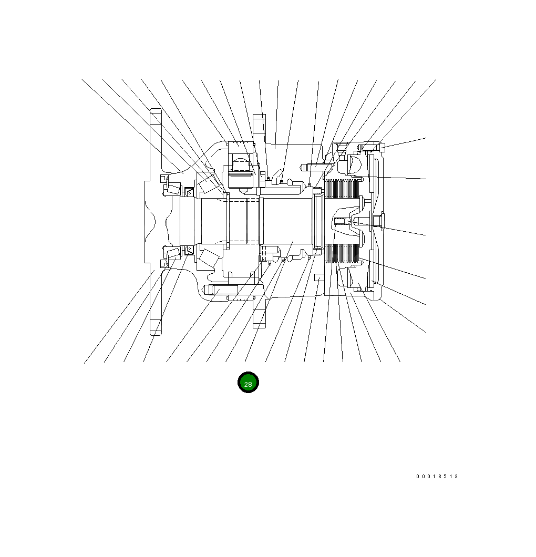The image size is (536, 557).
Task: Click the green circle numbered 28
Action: [x=248, y=382]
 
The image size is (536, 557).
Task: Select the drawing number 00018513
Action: [x=437, y=477]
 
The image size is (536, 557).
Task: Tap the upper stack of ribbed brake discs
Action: [x=343, y=188]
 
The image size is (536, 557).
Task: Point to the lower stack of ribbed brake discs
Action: [x=343, y=253]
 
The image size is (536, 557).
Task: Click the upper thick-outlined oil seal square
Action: [x=189, y=192]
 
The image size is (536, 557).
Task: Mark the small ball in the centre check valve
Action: [x=348, y=222]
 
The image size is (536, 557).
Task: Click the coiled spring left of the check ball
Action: [x=340, y=221]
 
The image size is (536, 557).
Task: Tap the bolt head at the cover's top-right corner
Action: [x=382, y=147]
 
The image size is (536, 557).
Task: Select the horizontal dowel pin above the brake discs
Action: [x=317, y=165]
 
